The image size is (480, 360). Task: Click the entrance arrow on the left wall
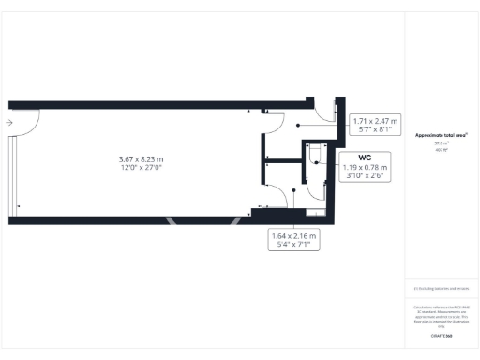click(x=8, y=123)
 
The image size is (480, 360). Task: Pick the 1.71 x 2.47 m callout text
click(x=375, y=121)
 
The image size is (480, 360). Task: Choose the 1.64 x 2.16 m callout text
click(x=293, y=236)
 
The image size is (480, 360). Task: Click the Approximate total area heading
click(x=441, y=135)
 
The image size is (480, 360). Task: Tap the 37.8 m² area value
click(x=441, y=142)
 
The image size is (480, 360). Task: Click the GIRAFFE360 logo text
click(x=441, y=334)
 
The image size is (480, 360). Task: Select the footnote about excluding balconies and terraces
click(x=441, y=288)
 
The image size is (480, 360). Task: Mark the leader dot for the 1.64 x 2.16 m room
click(x=295, y=190)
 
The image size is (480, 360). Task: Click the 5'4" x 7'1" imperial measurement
click(x=293, y=247)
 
